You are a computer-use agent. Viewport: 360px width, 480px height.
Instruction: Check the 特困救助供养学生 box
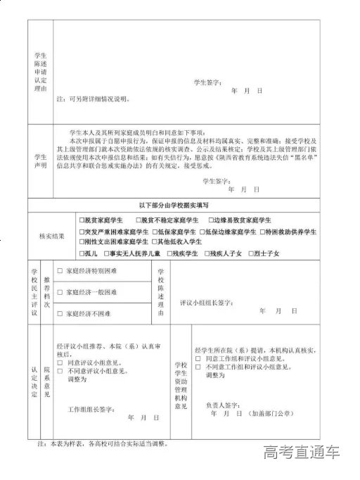point(261,231)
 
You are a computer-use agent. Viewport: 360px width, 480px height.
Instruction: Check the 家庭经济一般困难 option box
point(60,291)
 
